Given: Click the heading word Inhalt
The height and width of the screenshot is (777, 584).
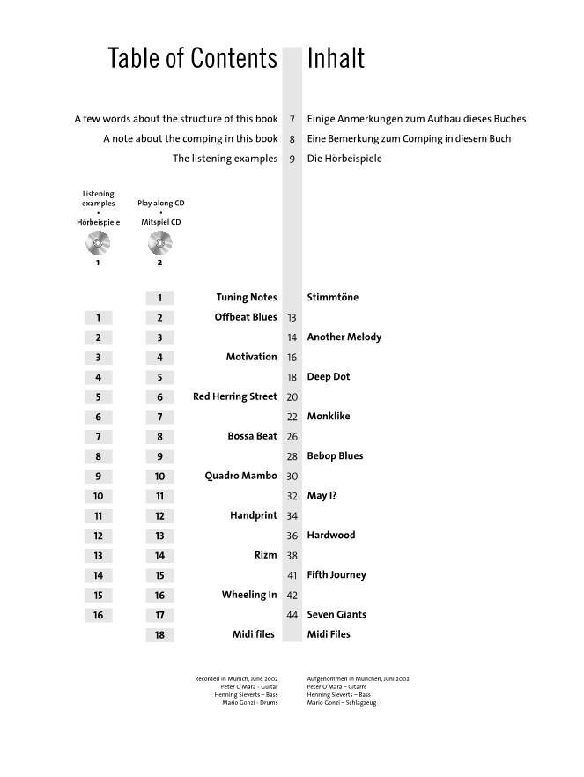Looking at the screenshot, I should pos(336,59).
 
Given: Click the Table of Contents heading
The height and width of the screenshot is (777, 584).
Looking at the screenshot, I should pos(192,59).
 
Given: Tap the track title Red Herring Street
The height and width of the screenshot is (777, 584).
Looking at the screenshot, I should pos(234,396).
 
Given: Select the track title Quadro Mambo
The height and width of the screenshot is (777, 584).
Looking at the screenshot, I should pos(240,476).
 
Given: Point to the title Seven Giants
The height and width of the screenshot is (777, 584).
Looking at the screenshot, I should pos(336,614).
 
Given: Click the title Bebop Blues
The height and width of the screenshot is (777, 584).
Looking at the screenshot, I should pos(335,455).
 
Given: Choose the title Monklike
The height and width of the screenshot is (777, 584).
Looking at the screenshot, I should pos(329,416).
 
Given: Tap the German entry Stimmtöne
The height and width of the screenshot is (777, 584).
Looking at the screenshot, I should pos(333,297).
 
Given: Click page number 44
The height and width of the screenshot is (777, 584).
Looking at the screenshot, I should pos(292,615).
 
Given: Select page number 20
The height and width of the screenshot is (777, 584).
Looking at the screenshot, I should pos(292,397).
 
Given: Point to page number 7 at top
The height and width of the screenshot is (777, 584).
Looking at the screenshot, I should pos(292,119).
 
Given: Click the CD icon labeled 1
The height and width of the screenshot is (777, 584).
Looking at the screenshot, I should pos(98,241).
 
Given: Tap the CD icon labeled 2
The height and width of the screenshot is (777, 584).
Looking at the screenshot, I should pos(160,241).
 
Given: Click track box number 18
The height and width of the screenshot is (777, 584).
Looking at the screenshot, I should pos(159,635).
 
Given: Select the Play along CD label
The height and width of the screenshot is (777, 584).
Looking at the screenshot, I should pos(160,203).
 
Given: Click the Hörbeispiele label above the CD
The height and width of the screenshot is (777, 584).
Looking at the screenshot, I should pos(98,223).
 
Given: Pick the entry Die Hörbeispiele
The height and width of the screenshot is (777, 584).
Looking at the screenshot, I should pos(345,159).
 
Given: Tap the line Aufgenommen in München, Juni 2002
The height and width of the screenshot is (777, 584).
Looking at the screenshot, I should pos(358,679).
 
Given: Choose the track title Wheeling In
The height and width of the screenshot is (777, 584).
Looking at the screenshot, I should pos(249,595).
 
